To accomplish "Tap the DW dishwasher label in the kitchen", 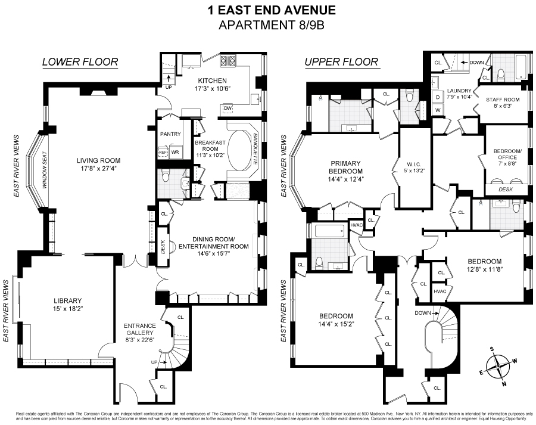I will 227,108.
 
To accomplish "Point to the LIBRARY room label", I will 66,300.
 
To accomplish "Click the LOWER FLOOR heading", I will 80,62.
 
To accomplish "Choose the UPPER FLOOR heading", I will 341,62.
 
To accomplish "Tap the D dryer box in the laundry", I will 437,97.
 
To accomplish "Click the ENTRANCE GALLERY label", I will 140,329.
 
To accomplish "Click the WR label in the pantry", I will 175,152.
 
